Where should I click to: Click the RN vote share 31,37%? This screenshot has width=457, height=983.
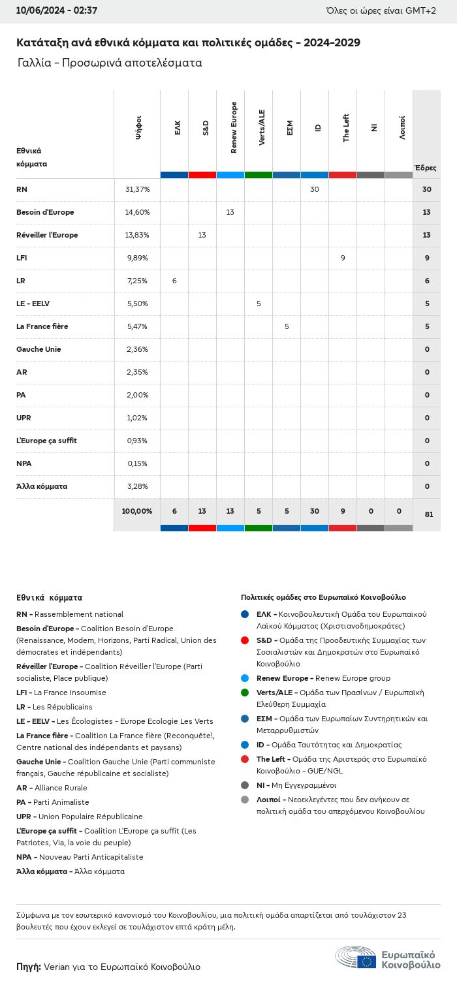tap(137, 189)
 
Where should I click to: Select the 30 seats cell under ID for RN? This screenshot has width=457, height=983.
tap(315, 189)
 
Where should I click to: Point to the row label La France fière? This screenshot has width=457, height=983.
tap(42, 326)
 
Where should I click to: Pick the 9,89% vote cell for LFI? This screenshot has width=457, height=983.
tap(137, 258)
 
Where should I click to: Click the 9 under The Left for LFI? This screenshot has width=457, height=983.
tap(343, 258)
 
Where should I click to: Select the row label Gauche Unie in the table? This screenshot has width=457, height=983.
tap(39, 349)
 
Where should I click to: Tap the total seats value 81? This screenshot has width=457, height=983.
tap(428, 514)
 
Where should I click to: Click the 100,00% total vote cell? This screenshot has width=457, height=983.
tap(137, 511)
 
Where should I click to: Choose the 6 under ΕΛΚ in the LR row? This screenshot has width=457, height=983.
tap(174, 281)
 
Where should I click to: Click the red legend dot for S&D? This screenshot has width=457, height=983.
tap(245, 640)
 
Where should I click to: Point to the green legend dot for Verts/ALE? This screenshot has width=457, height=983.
tap(245, 693)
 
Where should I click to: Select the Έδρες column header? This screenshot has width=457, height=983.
tap(426, 168)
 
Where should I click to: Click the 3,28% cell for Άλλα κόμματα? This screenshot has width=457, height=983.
tap(137, 486)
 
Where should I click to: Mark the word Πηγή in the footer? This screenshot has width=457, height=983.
tap(29, 967)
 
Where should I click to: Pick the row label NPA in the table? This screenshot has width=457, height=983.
tap(24, 463)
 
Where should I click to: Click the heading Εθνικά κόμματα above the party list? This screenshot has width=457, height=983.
tap(49, 597)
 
